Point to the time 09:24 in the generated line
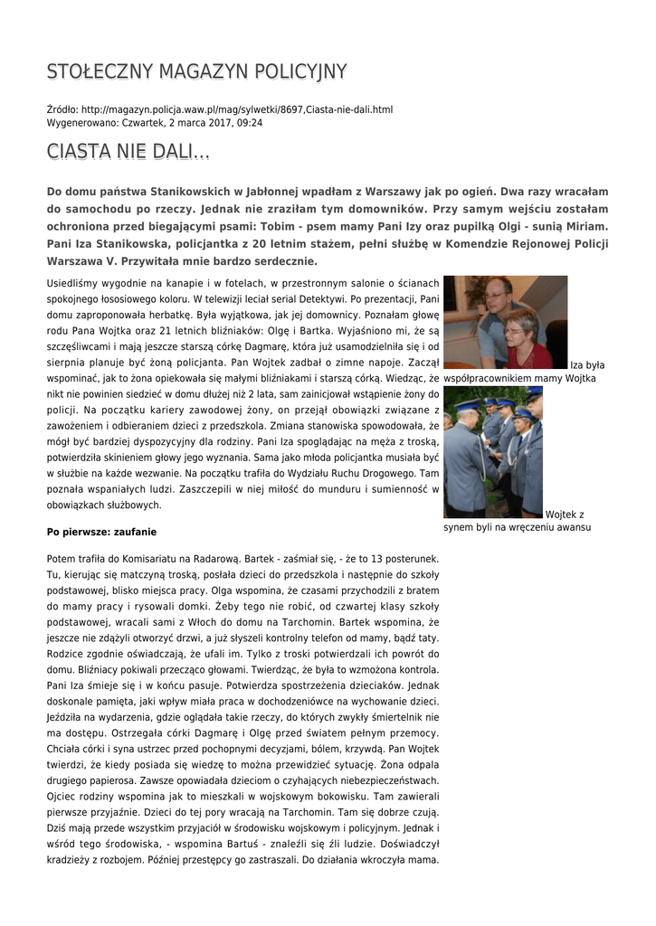[250, 123]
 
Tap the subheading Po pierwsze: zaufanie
[101, 533]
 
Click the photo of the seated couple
[505, 322]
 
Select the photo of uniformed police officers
[492, 452]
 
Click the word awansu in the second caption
[571, 527]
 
